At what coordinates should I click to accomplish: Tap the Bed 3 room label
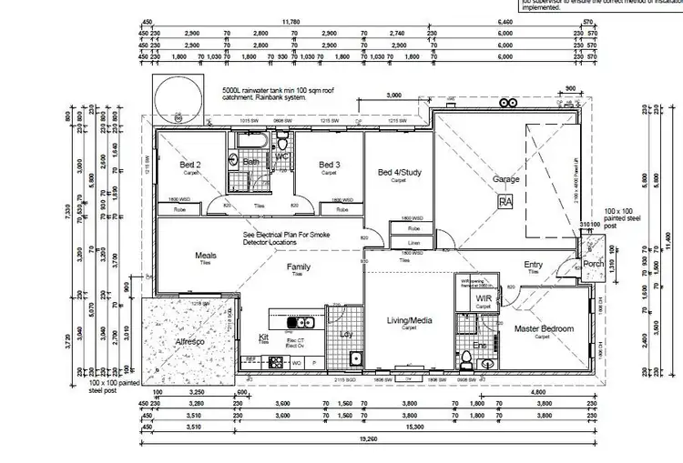pyautogui.click(x=329, y=165)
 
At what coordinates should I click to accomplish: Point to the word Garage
pyautogui.click(x=506, y=180)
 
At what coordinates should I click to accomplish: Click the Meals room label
pyautogui.click(x=206, y=256)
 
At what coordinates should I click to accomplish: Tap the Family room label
pyautogui.click(x=300, y=267)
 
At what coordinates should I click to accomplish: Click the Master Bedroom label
pyautogui.click(x=544, y=328)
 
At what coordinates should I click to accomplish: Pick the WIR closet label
pyautogui.click(x=484, y=297)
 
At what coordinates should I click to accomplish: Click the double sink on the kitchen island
pyautogui.click(x=296, y=322)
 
